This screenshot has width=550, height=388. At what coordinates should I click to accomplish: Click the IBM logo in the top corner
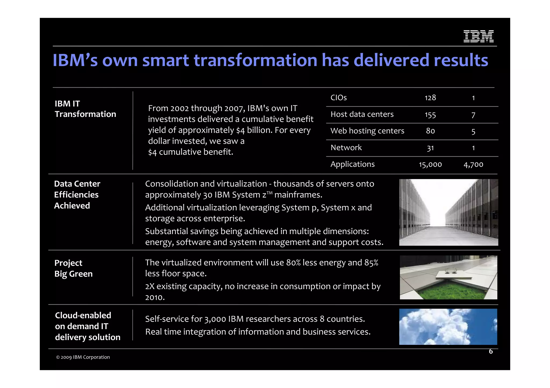(478, 36)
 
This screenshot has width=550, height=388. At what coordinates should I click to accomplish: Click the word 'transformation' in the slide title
(255, 60)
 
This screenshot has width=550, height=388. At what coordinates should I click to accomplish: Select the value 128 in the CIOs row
(430, 98)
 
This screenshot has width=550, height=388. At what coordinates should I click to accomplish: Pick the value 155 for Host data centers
(430, 115)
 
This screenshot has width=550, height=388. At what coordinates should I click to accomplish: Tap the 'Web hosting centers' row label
(367, 131)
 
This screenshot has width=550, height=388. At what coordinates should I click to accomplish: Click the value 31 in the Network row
(430, 148)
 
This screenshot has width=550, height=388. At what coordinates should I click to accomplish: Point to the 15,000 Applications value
(430, 164)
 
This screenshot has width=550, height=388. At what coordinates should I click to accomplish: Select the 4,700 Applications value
(473, 164)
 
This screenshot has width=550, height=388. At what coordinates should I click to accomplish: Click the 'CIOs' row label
(338, 98)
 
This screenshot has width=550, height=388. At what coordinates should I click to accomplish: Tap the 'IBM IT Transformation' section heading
(85, 109)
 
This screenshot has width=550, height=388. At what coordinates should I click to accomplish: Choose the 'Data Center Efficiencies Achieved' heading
(77, 195)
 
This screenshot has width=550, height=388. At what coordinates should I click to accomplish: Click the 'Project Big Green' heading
(73, 268)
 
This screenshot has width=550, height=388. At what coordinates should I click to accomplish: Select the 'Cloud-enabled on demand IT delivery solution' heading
(88, 326)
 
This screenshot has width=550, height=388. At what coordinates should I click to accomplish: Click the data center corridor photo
(448, 212)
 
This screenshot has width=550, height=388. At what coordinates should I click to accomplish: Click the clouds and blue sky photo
(448, 327)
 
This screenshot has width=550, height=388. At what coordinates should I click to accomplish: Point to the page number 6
(491, 351)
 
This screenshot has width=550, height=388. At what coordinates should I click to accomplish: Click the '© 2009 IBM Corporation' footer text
(83, 357)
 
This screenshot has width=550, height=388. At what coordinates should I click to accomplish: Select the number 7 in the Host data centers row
(473, 115)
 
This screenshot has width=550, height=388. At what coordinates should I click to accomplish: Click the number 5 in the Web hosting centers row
(473, 132)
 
